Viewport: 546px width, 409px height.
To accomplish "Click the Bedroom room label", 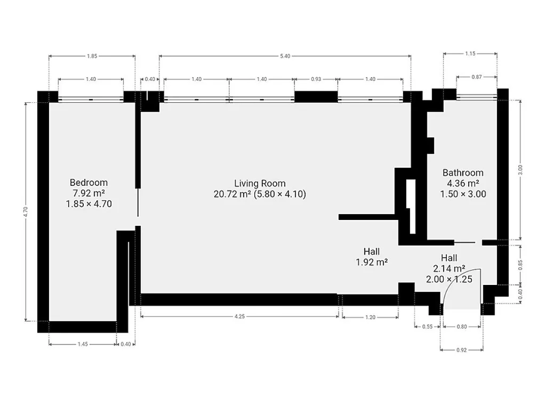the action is pyautogui.click(x=89, y=183).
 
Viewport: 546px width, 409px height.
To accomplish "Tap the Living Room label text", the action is pyautogui.click(x=260, y=183).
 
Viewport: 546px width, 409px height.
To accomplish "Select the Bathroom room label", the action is pyautogui.click(x=463, y=173).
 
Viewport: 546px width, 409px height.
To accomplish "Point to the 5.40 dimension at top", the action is pyautogui.click(x=285, y=56).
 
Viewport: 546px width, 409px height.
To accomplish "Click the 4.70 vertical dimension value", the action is pyautogui.click(x=25, y=211).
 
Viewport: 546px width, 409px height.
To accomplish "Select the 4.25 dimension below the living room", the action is pyautogui.click(x=239, y=316).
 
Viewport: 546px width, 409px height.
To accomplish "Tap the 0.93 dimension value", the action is pyautogui.click(x=316, y=79).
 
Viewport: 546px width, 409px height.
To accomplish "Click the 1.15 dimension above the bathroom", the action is pyautogui.click(x=470, y=54).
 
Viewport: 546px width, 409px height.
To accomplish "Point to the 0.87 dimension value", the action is pyautogui.click(x=477, y=77).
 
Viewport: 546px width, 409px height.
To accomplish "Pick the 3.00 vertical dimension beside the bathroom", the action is pyautogui.click(x=520, y=169).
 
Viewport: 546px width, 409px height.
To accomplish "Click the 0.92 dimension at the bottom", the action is pyautogui.click(x=461, y=350).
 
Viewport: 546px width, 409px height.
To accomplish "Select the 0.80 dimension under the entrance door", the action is pyautogui.click(x=462, y=326).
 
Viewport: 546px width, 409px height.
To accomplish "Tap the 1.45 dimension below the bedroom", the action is pyautogui.click(x=83, y=344).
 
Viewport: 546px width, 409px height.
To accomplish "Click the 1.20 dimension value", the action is pyautogui.click(x=371, y=317).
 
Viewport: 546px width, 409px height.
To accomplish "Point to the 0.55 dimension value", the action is pyautogui.click(x=427, y=326).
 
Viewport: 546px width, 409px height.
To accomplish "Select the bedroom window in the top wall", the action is pyautogui.click(x=91, y=100).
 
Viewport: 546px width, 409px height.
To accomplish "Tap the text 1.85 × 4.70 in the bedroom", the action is pyautogui.click(x=89, y=204).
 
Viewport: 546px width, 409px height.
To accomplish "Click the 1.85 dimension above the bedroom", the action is pyautogui.click(x=92, y=56).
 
